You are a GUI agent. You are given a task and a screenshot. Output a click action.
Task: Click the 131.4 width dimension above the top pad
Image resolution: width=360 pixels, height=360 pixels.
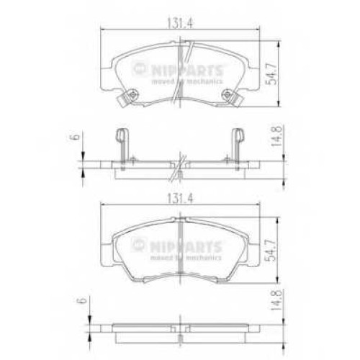tap(180, 23)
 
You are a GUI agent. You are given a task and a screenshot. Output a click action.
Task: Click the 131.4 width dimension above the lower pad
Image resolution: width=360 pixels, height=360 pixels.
tap(180, 199)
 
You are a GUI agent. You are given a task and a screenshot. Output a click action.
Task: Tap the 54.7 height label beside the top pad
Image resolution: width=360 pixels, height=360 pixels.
tap(271, 73)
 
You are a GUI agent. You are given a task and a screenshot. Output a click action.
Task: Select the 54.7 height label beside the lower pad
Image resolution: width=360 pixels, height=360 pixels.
tap(271, 251)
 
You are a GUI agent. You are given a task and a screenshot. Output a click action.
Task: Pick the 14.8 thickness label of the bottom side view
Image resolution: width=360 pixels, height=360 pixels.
tap(276, 300)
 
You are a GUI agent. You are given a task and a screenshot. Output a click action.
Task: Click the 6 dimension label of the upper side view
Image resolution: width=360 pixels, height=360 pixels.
tap(76, 137)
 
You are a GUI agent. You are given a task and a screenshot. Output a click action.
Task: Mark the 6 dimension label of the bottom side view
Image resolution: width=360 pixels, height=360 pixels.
tap(83, 300)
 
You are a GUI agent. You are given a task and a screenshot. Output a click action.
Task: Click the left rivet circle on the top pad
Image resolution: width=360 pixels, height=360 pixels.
tap(132, 95)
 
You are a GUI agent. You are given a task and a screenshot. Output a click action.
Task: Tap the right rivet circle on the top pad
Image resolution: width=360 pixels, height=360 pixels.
tap(227, 95)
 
